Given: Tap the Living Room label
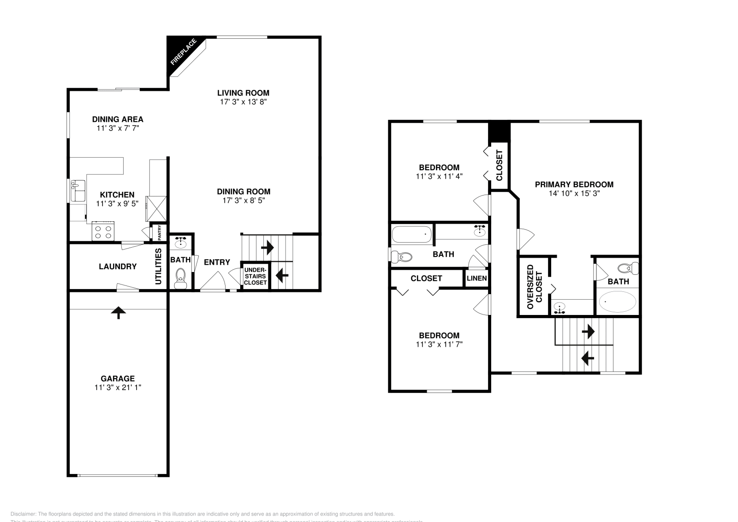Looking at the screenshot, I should pos(243,93).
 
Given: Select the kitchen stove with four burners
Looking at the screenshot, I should pos(103,231).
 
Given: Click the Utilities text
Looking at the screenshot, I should pos(158,267).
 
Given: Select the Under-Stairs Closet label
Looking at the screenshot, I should pos(255,276).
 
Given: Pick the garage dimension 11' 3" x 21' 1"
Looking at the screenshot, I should pos(118,388).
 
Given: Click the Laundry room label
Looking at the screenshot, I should pos(118,267).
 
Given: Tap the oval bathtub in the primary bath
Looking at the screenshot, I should pos(617,302).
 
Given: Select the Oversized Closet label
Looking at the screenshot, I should pos(535,286).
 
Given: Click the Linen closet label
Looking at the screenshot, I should pos(476,279).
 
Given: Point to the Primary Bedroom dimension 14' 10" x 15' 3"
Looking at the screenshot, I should pos(574,194).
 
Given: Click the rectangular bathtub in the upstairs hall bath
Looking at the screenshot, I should pos(411,234).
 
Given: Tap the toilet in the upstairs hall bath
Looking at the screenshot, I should pos(401,256).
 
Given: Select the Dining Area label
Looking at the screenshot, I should pos(118,119).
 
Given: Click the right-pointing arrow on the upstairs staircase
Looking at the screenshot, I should pos(588,331).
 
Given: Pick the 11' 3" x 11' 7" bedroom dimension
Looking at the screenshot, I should pos(439,344).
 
